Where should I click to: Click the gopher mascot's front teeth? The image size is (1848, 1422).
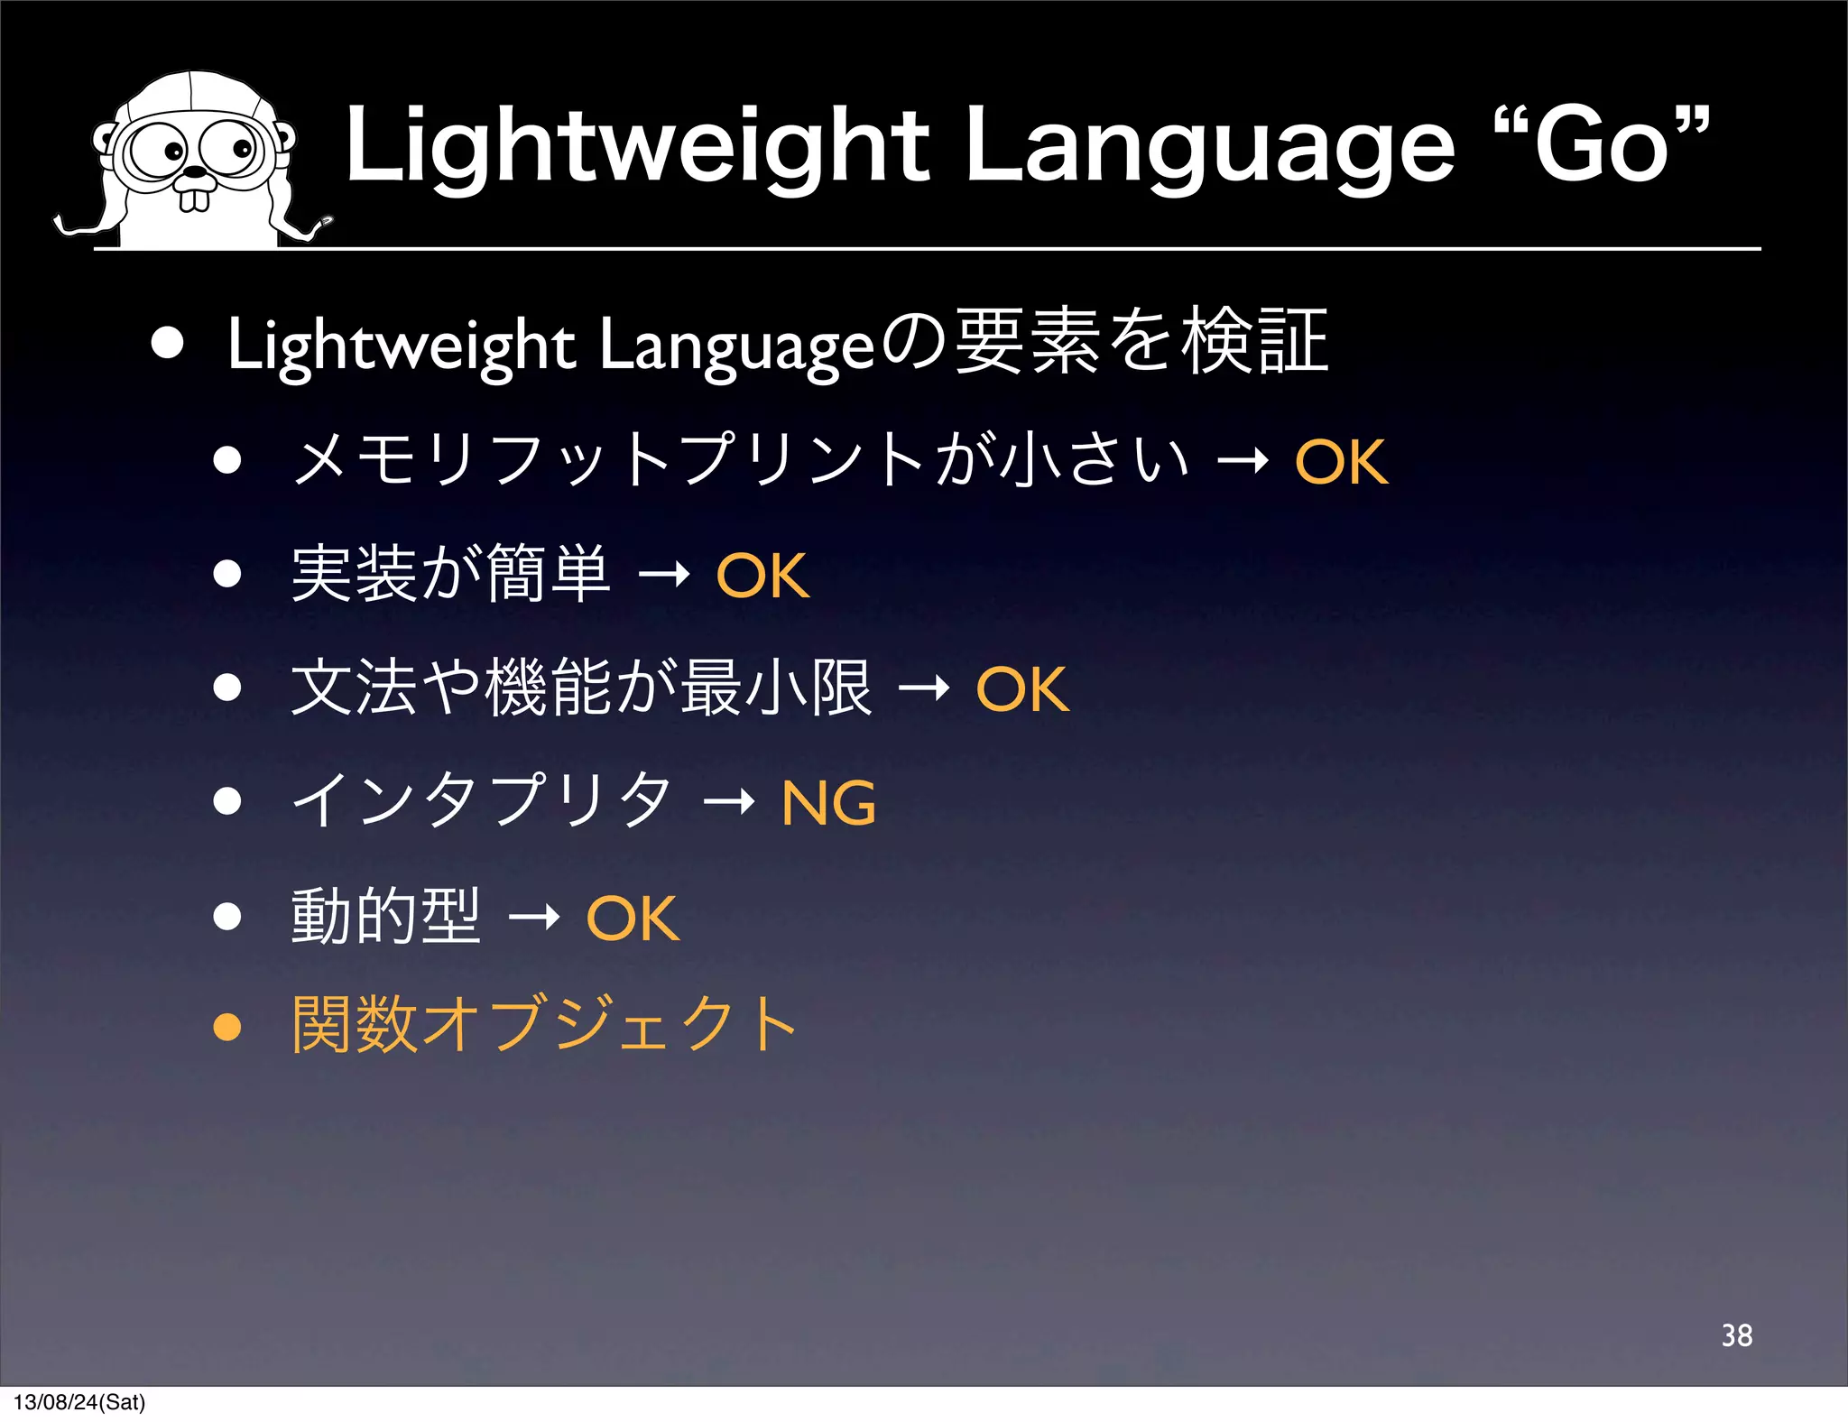[x=194, y=198]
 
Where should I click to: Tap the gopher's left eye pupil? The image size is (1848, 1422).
[x=173, y=152]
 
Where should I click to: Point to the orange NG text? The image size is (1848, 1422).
[x=828, y=803]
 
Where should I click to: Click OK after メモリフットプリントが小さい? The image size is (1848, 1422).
[x=1341, y=462]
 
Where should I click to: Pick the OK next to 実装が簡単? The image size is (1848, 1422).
[x=762, y=576]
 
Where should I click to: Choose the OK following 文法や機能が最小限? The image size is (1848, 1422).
[x=1022, y=689]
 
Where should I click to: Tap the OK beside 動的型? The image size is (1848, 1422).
[x=633, y=919]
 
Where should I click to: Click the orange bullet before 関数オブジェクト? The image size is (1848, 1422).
[x=227, y=1027]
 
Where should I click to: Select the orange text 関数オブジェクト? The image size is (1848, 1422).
[x=543, y=1025]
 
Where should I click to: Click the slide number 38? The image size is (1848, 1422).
[x=1736, y=1335]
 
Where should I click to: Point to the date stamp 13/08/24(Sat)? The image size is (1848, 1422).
[x=79, y=1402]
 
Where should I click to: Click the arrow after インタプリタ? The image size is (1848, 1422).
[x=728, y=801]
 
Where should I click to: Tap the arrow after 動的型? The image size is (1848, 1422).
[x=533, y=919]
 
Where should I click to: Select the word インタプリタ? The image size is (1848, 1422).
[x=483, y=801]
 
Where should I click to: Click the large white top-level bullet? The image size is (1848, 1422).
[x=168, y=343]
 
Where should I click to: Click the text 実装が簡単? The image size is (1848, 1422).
[x=450, y=575]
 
